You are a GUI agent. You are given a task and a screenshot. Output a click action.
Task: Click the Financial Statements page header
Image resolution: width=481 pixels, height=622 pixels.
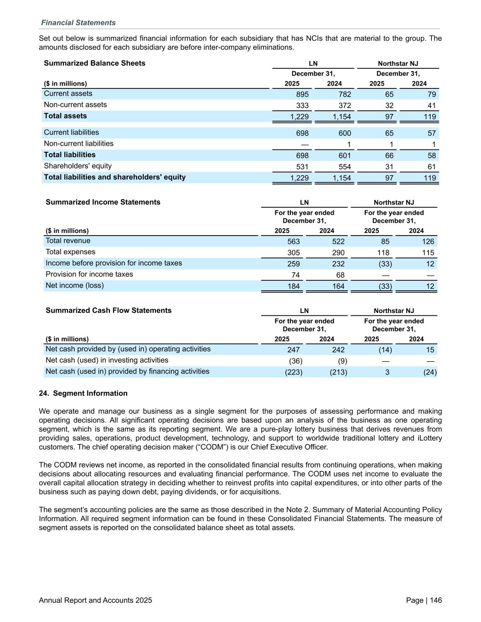tap(78, 23)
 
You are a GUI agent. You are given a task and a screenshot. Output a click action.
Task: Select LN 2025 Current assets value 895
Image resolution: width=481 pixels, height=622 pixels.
tap(302, 94)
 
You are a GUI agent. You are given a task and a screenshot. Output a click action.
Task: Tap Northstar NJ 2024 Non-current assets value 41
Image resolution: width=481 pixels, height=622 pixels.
tap(431, 106)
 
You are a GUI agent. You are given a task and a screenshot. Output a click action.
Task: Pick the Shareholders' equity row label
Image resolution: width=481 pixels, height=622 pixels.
tap(78, 166)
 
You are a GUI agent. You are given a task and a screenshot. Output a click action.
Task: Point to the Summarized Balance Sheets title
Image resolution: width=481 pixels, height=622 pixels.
tap(94, 63)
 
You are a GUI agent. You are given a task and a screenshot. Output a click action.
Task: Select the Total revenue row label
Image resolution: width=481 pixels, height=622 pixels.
tap(68, 241)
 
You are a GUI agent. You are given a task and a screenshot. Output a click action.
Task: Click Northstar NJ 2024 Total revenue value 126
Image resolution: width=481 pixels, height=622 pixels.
tap(428, 242)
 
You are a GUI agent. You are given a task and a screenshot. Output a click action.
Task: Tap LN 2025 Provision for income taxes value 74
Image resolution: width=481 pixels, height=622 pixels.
tap(295, 275)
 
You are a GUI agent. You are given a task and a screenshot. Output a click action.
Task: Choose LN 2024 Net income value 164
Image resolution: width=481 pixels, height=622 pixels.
tap(338, 286)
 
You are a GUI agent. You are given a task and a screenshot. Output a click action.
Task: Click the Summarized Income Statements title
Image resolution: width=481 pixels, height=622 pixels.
tap(103, 202)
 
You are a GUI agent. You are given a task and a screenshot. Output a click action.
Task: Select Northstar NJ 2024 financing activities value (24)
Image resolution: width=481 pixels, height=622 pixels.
tap(430, 372)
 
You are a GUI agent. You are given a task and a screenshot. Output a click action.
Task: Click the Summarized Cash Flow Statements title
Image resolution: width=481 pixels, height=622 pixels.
tap(109, 311)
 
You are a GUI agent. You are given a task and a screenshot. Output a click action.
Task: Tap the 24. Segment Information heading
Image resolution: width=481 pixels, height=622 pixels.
tap(83, 393)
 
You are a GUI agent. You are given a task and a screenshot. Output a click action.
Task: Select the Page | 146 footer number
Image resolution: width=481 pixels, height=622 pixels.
tap(424, 600)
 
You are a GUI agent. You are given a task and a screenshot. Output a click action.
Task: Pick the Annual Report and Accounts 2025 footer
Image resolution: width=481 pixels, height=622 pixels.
tap(95, 600)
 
